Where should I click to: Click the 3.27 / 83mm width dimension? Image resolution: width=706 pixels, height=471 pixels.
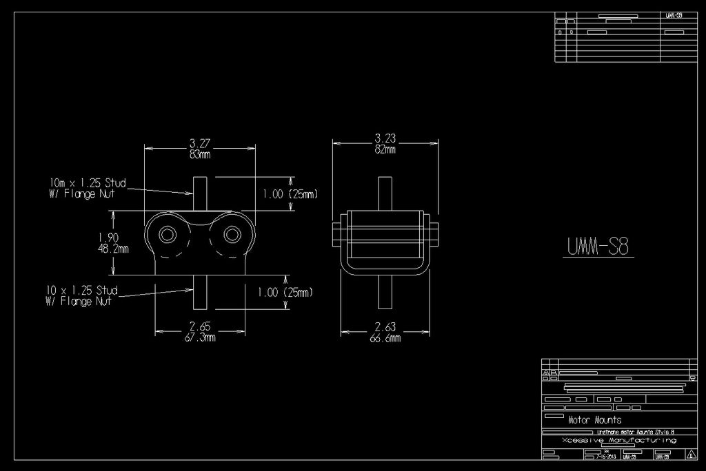coord(200,149)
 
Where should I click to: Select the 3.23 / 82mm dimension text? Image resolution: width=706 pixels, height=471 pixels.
coord(385,143)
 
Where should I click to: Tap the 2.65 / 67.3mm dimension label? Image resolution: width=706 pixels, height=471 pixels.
coord(201,331)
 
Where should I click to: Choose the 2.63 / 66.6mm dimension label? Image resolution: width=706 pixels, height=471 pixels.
coord(385,333)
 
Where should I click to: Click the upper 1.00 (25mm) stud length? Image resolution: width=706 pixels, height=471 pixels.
coord(290,195)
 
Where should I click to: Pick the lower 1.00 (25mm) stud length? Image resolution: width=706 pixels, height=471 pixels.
coord(285,292)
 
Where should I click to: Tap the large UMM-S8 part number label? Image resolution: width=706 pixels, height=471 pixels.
coord(598,246)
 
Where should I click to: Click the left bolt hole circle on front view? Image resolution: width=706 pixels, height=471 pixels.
coord(168,235)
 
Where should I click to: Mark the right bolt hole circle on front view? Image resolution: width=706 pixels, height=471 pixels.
coord(232,235)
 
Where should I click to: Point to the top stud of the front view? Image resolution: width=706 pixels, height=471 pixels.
coord(200,193)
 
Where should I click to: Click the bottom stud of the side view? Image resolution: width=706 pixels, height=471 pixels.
coord(385,292)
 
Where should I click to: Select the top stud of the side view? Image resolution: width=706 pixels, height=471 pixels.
coord(385,193)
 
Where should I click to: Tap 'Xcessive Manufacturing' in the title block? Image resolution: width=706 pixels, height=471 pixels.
coord(618,439)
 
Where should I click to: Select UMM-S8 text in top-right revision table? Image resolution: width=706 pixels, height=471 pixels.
coord(674,15)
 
